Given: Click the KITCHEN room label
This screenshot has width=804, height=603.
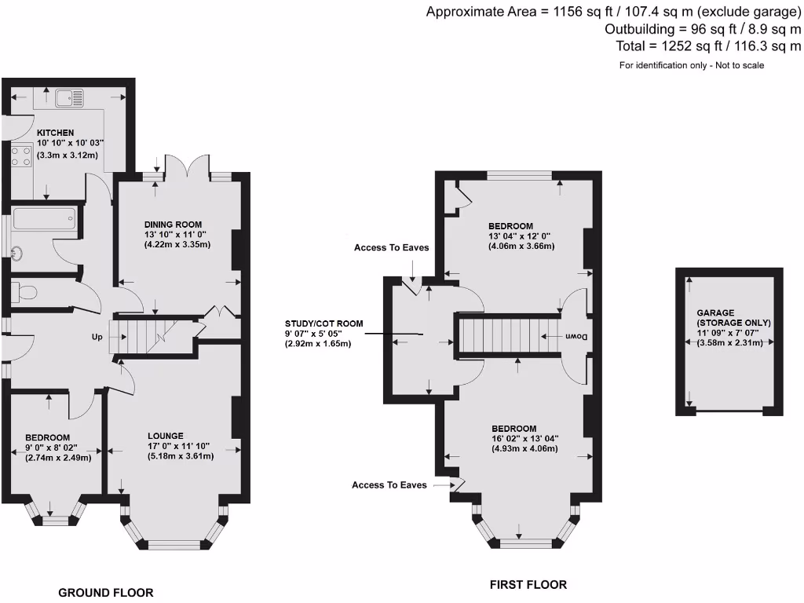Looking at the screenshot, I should coord(55,133).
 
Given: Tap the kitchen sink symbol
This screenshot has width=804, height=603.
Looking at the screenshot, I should coord(70,98).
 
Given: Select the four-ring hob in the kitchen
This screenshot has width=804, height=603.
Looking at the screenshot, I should coord(20,156).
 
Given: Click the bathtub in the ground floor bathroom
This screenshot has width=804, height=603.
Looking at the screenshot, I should coord(44,218).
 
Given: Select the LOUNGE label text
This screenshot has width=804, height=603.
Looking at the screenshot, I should coord(166,435).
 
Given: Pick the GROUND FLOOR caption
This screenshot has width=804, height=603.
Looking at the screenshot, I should coord(105,593).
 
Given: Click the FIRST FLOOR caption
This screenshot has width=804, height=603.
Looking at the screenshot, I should coord(528,585).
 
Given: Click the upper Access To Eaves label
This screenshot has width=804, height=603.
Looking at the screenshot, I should coord(391,247).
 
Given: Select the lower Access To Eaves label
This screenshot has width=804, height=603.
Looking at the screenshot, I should coord(389,485).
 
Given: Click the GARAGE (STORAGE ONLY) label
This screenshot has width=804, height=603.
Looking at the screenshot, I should coord(733,317).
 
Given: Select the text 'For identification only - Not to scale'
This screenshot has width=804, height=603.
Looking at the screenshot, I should coord(691,65).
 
